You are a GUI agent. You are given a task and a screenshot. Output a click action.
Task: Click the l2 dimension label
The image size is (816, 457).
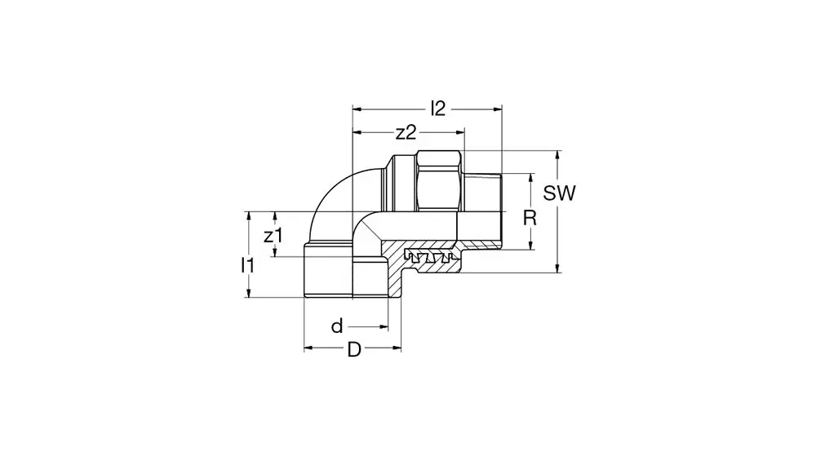tap(438, 109)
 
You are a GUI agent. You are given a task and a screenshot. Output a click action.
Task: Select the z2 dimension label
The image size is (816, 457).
tap(406, 133)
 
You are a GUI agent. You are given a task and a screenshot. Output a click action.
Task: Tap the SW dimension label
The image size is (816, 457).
tap(560, 193)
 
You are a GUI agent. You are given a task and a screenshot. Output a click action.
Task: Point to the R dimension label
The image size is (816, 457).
tap(530, 218)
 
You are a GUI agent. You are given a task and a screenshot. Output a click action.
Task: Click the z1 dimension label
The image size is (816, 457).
tap(273, 236)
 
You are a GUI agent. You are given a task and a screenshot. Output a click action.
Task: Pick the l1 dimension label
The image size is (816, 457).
tap(248, 265)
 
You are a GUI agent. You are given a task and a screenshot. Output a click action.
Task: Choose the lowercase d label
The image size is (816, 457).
tap(337, 326)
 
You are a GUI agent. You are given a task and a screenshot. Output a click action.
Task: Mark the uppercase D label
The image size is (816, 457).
tap(354, 350)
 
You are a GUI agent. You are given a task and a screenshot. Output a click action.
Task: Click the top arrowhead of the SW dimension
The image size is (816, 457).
tap(558, 155)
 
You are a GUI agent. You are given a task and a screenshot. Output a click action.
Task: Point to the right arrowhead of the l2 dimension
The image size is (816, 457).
tap(498, 109)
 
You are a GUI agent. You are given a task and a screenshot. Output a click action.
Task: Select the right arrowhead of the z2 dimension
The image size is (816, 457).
tap(459, 133)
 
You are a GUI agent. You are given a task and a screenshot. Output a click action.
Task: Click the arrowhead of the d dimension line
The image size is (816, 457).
tap(384, 327)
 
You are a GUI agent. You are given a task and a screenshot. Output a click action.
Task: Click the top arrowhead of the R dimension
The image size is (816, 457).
tap(531, 178)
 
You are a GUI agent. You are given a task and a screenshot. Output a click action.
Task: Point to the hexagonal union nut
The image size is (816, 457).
tap(440, 181)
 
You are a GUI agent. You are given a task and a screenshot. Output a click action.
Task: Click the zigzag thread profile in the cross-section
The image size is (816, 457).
tap(429, 256)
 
